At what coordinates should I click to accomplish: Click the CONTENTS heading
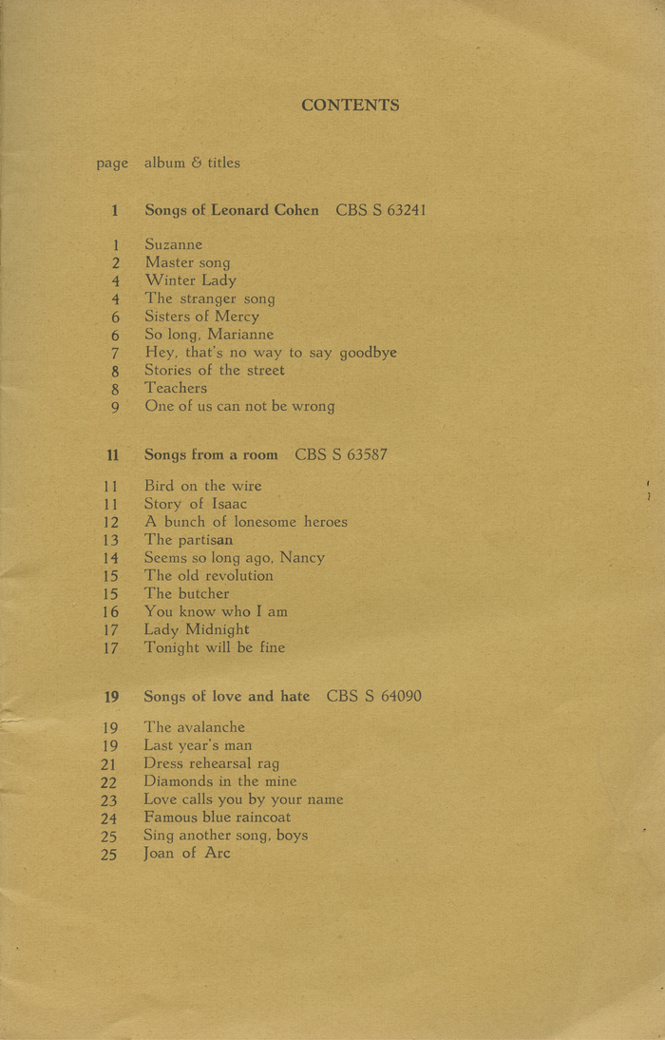pyautogui.click(x=351, y=106)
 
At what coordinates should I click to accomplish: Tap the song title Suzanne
pyautogui.click(x=174, y=244)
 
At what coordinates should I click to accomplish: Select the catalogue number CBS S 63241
pyautogui.click(x=380, y=210)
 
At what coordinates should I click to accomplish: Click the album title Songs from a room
pyautogui.click(x=211, y=454)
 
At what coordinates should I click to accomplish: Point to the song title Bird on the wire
pyautogui.click(x=202, y=486)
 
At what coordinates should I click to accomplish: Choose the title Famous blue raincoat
pyautogui.click(x=218, y=818)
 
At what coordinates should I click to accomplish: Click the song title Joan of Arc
pyautogui.click(x=187, y=853)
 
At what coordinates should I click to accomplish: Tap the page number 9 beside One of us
pyautogui.click(x=115, y=407)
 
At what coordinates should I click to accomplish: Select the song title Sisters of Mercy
pyautogui.click(x=201, y=317)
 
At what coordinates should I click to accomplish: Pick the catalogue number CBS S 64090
pyautogui.click(x=373, y=697)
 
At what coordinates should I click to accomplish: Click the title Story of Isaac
pyautogui.click(x=196, y=504)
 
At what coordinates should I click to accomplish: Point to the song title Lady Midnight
pyautogui.click(x=197, y=629)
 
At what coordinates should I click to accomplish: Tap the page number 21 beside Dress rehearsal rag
pyautogui.click(x=109, y=763)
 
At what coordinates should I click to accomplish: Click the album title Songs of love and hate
pyautogui.click(x=226, y=697)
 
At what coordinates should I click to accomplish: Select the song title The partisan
pyautogui.click(x=188, y=540)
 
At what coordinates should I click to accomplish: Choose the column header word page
pyautogui.click(x=112, y=164)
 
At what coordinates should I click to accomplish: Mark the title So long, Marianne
pyautogui.click(x=209, y=335)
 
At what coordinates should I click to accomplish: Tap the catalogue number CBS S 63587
pyautogui.click(x=340, y=454)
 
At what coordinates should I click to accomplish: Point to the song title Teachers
pyautogui.click(x=176, y=388)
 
